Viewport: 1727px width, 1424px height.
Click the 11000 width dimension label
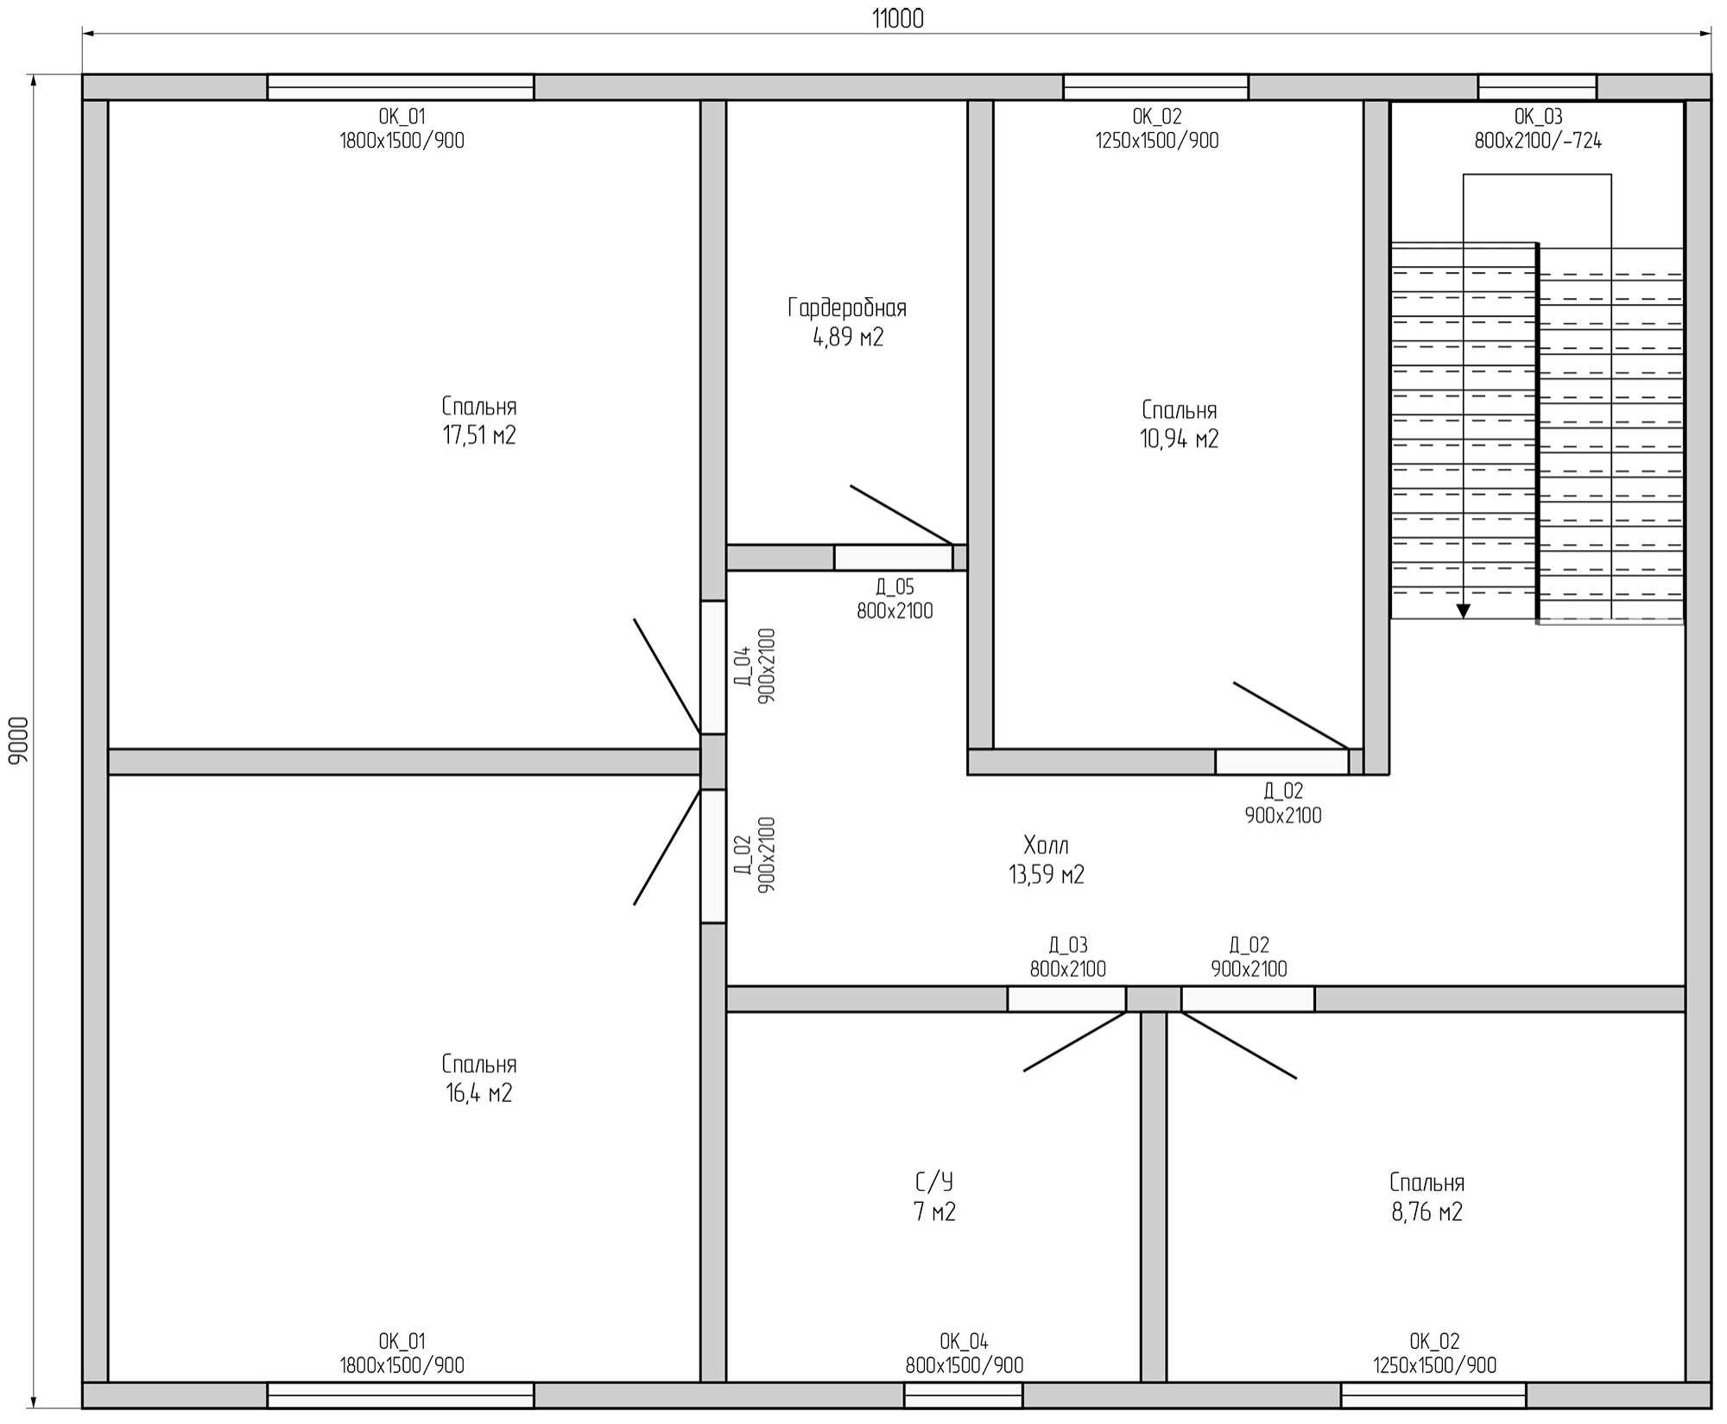pos(897,19)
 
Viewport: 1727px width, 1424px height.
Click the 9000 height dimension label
pos(19,740)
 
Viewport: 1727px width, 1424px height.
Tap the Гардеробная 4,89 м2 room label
pos(847,322)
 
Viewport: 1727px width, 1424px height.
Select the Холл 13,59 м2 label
pos(1047,859)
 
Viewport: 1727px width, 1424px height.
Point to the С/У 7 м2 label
pos(934,1197)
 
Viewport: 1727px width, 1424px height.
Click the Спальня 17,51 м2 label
pos(479,421)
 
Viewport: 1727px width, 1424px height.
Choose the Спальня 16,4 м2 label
pos(479,1079)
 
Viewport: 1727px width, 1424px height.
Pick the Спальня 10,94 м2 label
pos(1180,424)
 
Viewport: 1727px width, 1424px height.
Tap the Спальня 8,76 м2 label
pos(1427,1197)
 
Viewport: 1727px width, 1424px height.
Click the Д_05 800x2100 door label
pos(895,599)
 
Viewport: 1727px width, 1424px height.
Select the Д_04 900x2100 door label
pos(755,666)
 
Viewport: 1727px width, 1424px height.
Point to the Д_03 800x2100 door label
pos(1067,958)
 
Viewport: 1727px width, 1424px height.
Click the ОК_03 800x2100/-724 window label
pos(1538,129)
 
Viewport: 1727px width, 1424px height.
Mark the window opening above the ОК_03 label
pos(1537,87)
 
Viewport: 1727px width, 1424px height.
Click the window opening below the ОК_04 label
pos(963,1396)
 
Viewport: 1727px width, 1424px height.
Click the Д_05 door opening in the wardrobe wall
pos(893,558)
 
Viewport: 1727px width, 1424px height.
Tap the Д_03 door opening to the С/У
pos(1066,999)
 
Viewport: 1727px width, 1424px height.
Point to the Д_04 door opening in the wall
pos(713,668)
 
